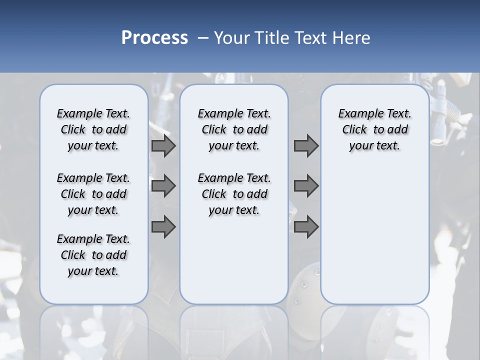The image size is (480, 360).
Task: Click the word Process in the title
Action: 154,37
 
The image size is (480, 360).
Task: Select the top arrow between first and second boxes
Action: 163,146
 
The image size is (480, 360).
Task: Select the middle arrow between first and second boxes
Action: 163,186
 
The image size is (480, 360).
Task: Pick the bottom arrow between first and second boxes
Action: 163,226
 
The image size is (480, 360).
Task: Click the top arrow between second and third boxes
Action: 306,146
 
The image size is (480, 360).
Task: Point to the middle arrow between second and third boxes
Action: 306,186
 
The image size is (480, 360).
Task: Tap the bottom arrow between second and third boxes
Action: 306,226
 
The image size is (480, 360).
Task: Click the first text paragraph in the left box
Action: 93,129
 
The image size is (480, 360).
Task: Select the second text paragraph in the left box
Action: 93,194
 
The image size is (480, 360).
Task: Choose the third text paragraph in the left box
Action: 93,255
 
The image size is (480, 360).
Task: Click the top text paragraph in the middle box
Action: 234,129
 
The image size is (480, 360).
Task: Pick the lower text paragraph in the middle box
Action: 234,194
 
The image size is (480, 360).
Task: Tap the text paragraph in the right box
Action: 374,129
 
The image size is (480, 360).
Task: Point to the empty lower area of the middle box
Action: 234,260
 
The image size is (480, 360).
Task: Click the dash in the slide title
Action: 203,38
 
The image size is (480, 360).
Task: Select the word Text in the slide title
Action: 310,38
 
